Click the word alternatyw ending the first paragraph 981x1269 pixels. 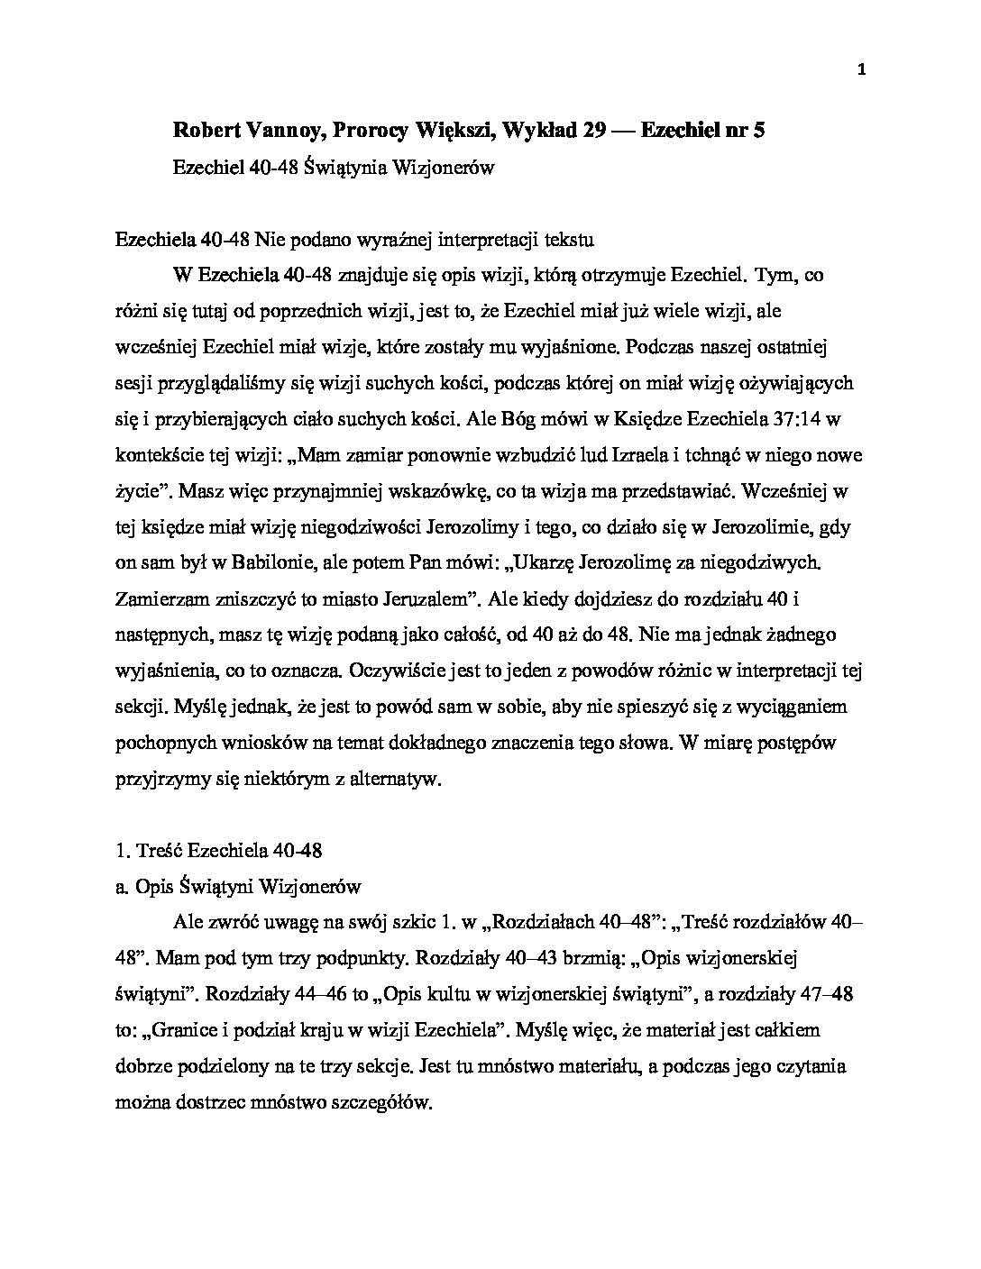click(x=392, y=779)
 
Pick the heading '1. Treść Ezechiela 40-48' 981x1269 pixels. click(x=219, y=850)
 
